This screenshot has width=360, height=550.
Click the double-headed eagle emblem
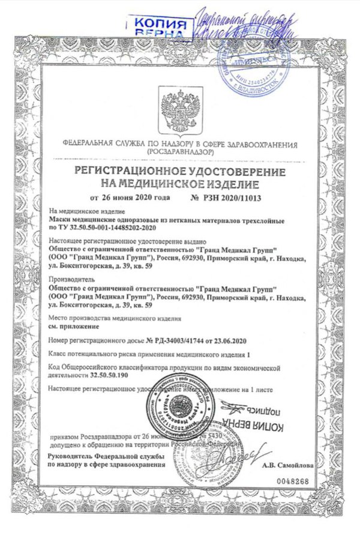pos(179,113)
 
